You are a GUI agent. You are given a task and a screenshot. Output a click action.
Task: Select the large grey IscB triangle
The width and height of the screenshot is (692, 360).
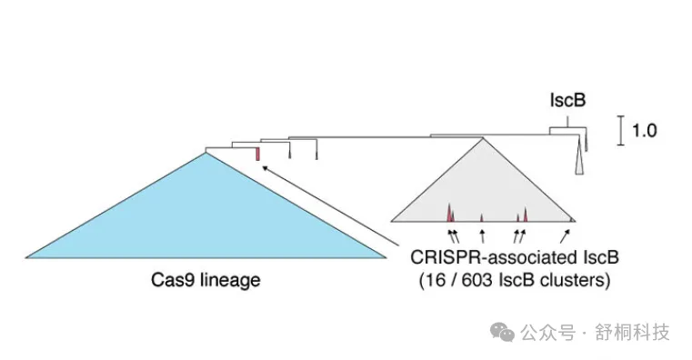point(483,191)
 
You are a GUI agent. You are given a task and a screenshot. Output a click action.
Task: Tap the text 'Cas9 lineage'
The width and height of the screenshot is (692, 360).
point(206,280)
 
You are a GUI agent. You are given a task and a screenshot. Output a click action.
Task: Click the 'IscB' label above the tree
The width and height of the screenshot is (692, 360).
point(566,100)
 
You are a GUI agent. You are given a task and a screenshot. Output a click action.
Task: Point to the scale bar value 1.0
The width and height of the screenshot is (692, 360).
point(644,130)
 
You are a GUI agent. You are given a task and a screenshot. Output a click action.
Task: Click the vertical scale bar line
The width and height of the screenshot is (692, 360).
point(621,130)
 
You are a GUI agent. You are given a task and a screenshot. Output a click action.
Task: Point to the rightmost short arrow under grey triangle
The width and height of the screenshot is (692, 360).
point(566,237)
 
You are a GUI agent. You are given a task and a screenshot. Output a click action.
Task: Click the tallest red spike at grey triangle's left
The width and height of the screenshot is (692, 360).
point(449,213)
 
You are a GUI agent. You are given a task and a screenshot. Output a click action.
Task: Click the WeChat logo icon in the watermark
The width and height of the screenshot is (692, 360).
point(502,333)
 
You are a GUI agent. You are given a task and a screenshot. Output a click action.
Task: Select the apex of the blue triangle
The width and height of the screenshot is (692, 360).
point(206,151)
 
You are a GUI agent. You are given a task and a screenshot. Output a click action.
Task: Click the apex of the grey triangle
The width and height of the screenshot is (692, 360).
point(483,138)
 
